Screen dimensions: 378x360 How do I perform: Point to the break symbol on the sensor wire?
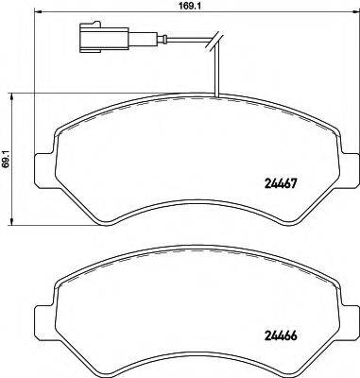point(217,39)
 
